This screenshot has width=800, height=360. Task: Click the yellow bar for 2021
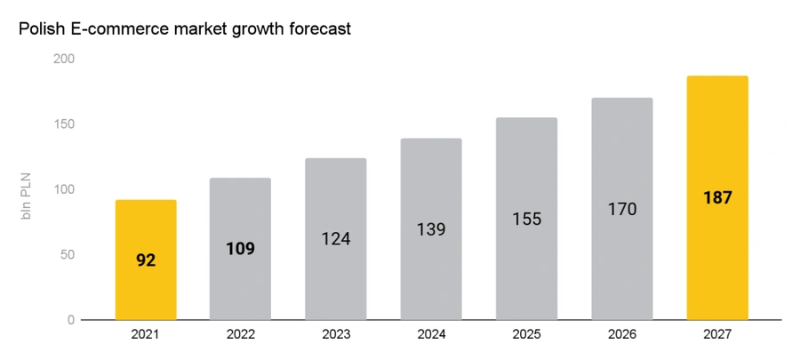point(146,260)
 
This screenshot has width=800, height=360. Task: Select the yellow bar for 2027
point(717,198)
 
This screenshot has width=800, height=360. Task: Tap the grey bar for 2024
point(431,229)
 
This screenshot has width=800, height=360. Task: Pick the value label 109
point(240,249)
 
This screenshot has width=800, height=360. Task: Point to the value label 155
point(526,219)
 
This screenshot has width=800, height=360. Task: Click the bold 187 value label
point(717,198)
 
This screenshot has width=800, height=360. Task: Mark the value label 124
point(336,238)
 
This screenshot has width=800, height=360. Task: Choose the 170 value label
point(622,209)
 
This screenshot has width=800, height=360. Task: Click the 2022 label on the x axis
point(240,334)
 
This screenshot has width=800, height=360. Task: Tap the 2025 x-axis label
point(526,334)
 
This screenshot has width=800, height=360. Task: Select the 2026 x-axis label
point(622,334)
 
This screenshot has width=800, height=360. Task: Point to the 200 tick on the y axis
point(64,60)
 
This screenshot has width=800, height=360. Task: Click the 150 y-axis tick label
point(64,124)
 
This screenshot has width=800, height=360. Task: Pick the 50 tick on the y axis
point(68,254)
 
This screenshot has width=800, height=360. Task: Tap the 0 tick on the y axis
point(71,320)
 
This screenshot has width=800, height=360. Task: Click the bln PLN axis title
point(27,196)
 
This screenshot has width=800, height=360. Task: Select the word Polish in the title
point(40,28)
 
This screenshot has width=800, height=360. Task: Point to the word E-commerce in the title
point(116,28)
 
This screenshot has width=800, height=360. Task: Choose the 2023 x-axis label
point(336,334)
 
